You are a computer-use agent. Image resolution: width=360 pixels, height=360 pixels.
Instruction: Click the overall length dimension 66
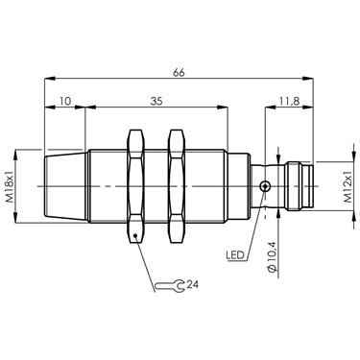point(179,73)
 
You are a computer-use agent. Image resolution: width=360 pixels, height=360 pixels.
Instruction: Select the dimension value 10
point(65,102)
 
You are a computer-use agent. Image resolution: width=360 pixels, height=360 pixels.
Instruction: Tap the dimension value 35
point(156,102)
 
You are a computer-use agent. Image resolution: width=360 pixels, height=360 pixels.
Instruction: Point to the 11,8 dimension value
point(289,102)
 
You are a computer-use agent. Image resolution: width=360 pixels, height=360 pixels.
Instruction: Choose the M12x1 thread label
point(348,186)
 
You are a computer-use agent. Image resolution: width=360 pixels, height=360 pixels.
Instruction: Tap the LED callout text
point(235,255)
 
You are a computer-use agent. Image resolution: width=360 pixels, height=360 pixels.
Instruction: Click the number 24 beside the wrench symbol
point(193,284)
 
